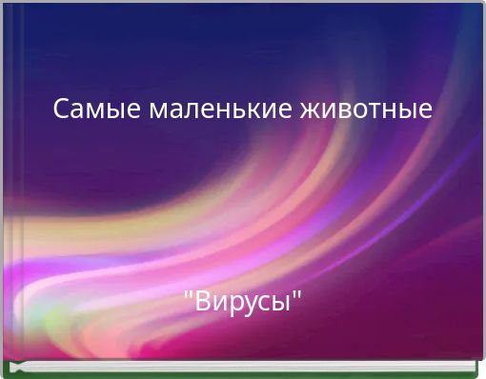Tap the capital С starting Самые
[61, 110]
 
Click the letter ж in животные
[313, 110]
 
